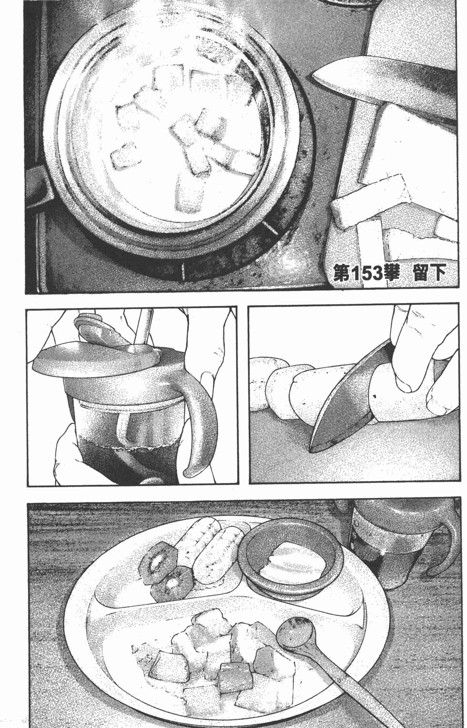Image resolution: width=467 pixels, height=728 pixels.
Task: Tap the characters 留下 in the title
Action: click(x=430, y=274)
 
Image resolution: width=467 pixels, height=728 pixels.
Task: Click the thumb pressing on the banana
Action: click(x=405, y=367)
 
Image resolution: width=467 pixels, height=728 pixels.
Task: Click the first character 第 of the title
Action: click(x=342, y=274)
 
